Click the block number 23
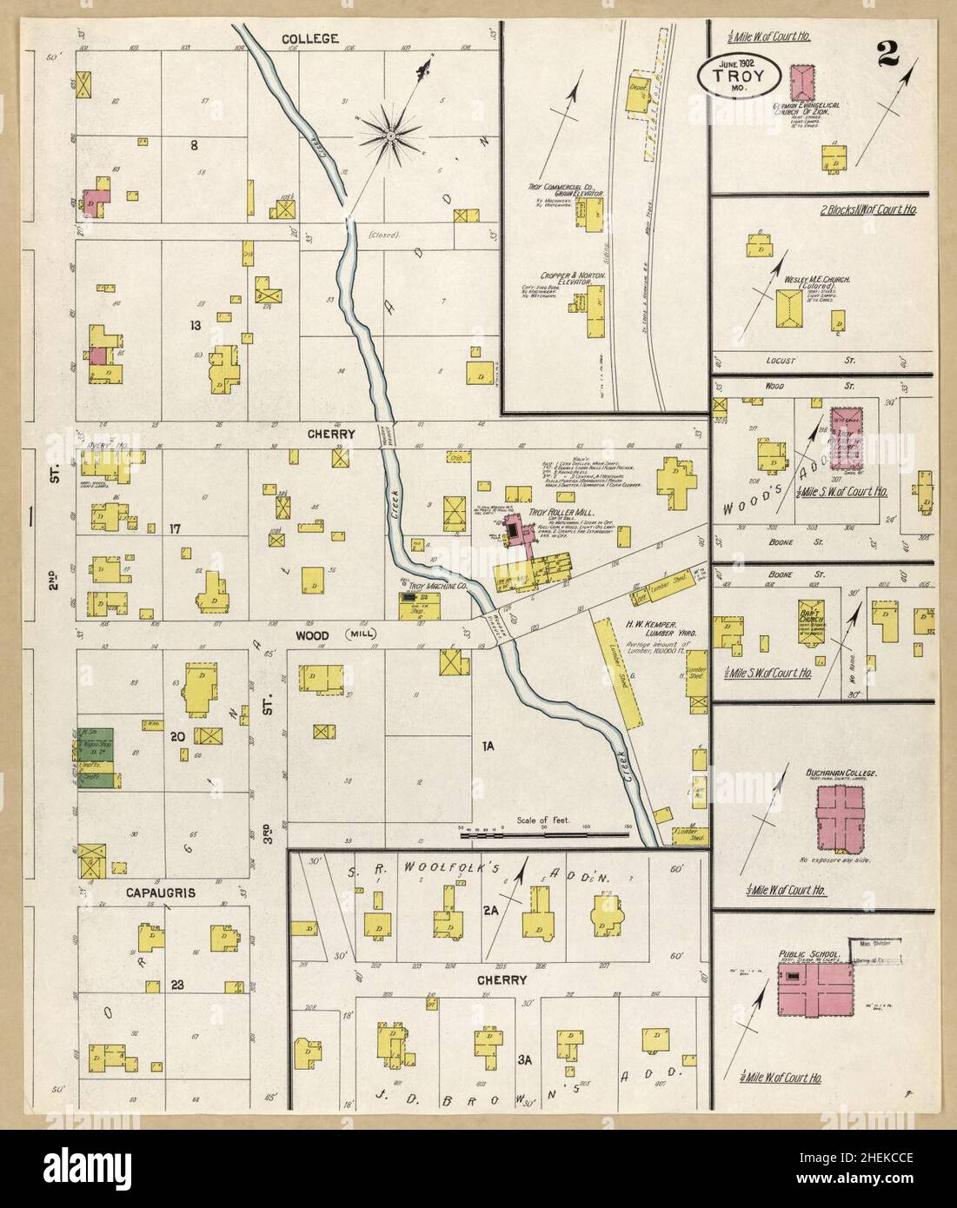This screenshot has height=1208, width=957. tap(177, 985)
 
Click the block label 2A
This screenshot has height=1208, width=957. tap(489, 935)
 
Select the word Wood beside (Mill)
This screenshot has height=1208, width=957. tap(312, 635)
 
